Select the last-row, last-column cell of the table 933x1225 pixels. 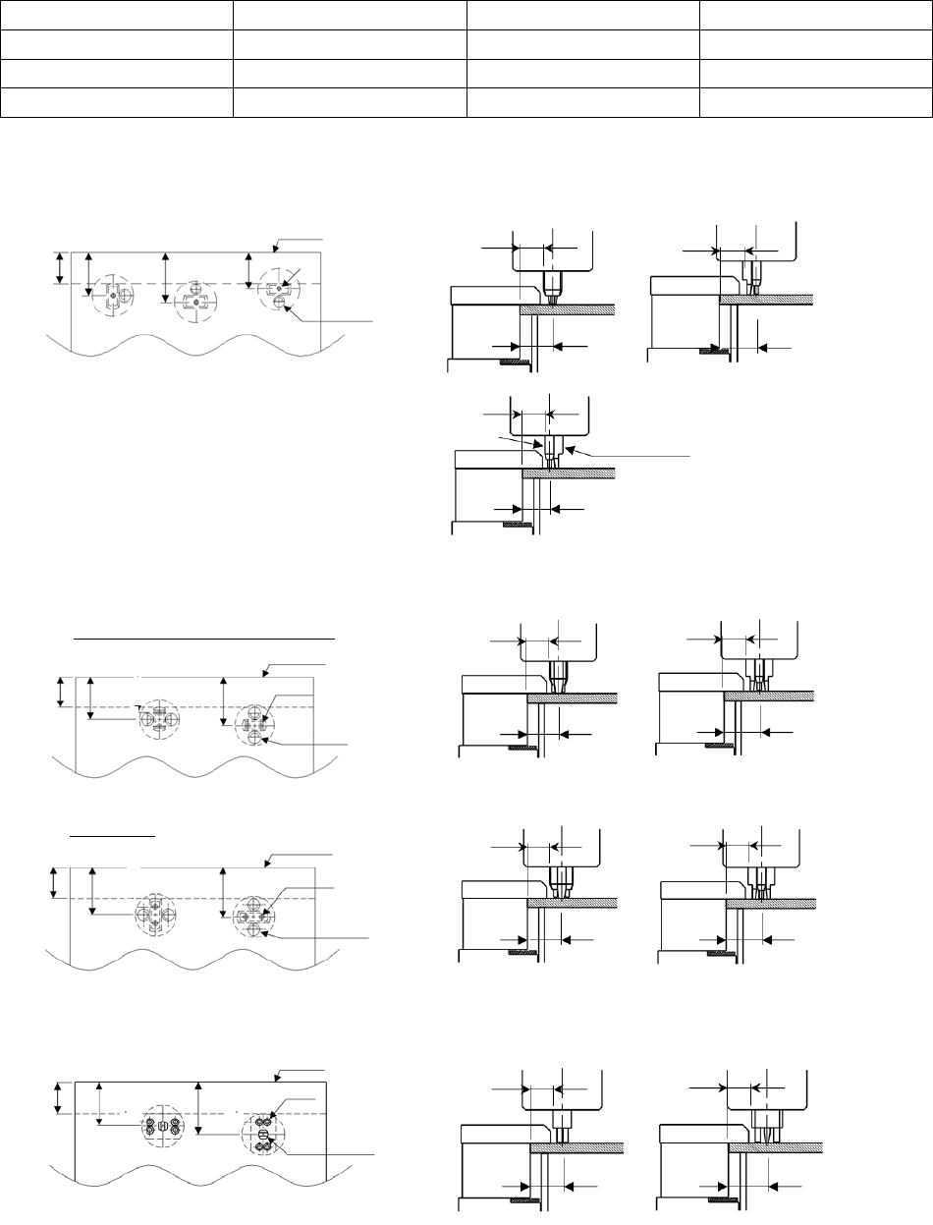(814, 101)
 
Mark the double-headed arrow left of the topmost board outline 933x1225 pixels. (60, 267)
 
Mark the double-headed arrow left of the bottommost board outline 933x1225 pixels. (60, 1097)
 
